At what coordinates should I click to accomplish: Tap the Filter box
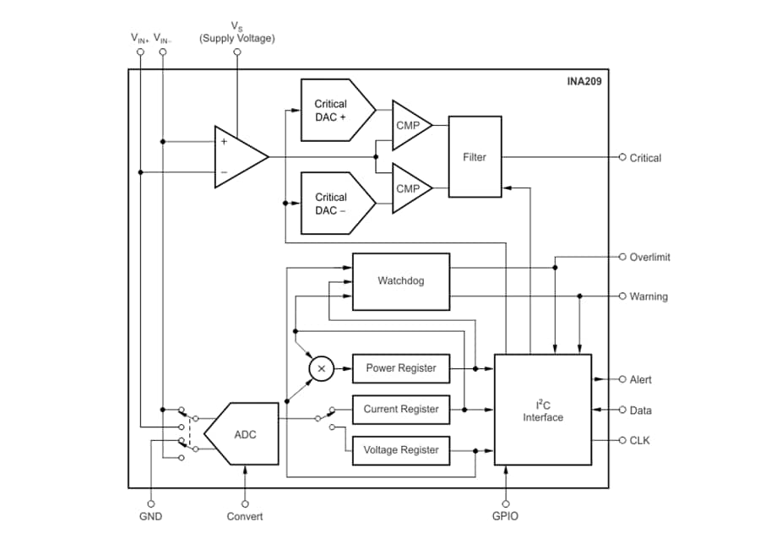click(x=475, y=157)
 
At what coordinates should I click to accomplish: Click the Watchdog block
click(x=400, y=280)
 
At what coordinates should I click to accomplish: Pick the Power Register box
click(x=400, y=368)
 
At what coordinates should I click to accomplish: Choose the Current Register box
click(x=400, y=410)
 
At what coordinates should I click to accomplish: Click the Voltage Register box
click(x=400, y=450)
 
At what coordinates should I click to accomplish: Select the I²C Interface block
click(x=542, y=410)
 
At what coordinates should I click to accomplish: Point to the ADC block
click(x=246, y=433)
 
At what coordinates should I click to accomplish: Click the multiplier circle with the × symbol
click(x=320, y=368)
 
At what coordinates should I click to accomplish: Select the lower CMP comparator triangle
click(x=409, y=188)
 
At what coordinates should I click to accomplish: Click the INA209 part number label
click(x=584, y=83)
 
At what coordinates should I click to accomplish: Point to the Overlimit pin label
click(x=649, y=257)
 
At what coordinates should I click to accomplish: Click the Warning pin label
click(x=648, y=296)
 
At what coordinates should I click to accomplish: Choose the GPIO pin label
click(x=505, y=516)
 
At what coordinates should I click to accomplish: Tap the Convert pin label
click(x=245, y=516)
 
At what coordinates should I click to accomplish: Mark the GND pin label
click(x=150, y=516)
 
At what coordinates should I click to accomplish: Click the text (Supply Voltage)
click(x=236, y=39)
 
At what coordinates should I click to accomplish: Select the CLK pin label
click(x=640, y=440)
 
